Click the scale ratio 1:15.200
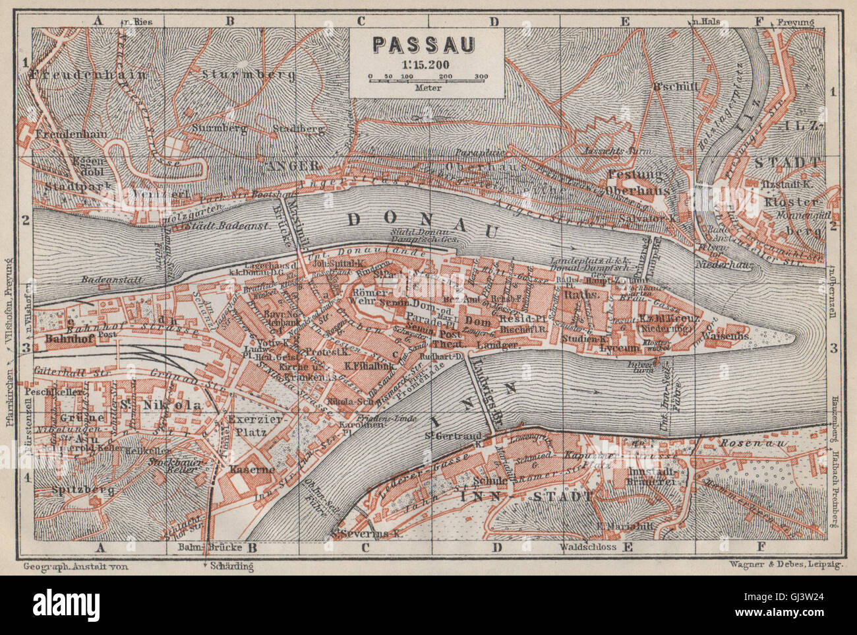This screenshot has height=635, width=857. click(x=425, y=64)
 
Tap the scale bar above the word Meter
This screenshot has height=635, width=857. click(x=428, y=79)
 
